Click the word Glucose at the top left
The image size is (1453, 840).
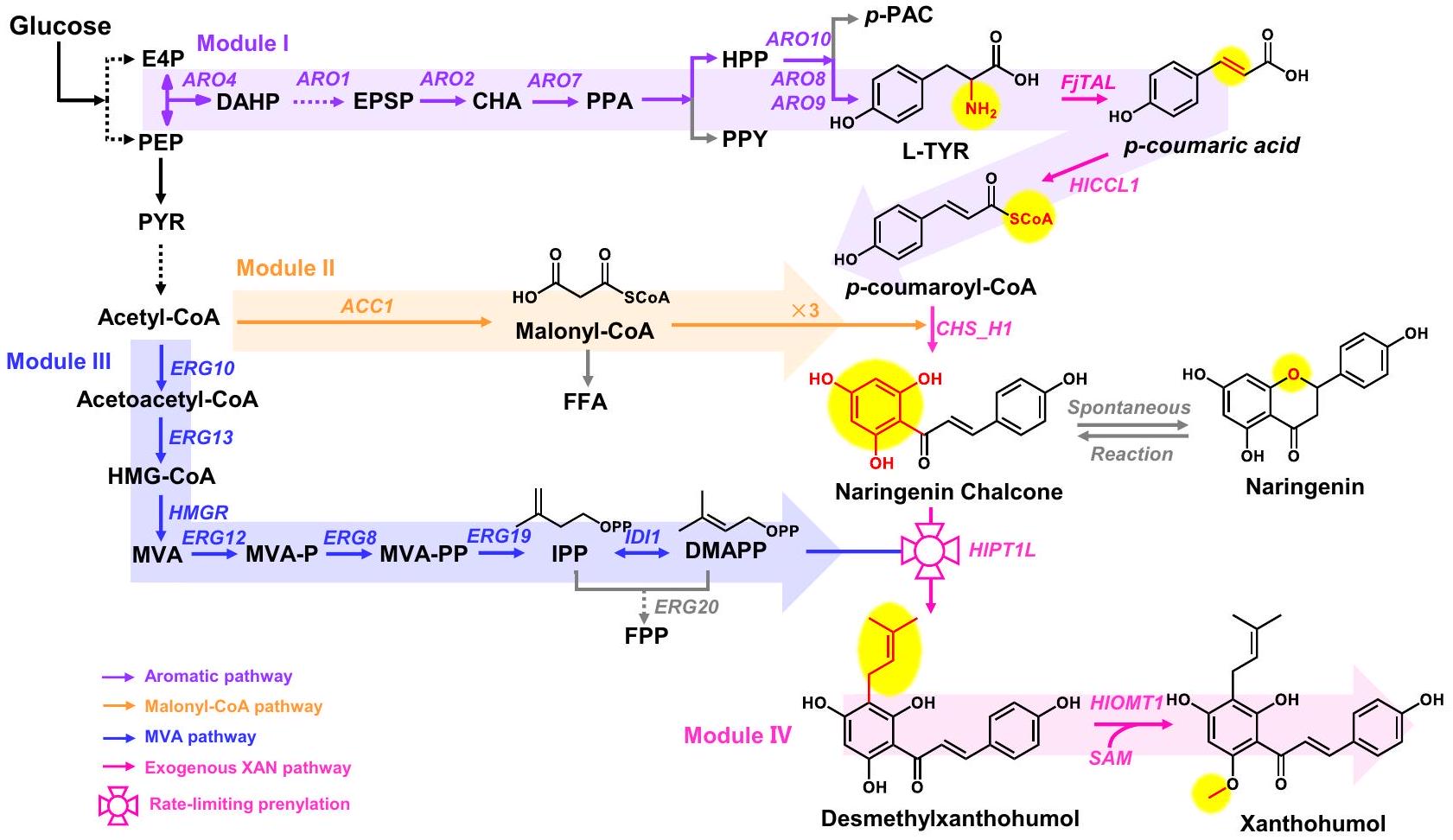click(60, 26)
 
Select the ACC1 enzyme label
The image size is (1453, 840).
click(366, 306)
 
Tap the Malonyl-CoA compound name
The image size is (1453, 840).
click(584, 331)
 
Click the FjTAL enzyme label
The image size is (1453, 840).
click(1087, 83)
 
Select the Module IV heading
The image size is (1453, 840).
click(737, 735)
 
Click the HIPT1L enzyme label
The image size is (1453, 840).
click(1002, 550)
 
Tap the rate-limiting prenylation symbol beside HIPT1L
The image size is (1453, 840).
click(930, 550)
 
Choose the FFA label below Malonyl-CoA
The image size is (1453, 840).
click(585, 402)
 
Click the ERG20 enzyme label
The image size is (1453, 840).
click(686, 607)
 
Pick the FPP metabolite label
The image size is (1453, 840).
click(647, 636)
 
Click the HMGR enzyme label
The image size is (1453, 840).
click(198, 512)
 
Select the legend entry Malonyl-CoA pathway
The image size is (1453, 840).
click(233, 706)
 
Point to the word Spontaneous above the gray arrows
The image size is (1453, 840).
click(1129, 407)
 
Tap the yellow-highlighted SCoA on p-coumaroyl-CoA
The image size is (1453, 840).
click(1030, 219)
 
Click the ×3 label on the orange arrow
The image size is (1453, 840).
click(805, 310)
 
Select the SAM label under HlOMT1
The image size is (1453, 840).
click(1111, 758)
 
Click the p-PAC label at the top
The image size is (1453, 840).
click(898, 16)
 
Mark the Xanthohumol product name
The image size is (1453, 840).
click(1312, 823)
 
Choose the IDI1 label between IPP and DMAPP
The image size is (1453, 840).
click(642, 537)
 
